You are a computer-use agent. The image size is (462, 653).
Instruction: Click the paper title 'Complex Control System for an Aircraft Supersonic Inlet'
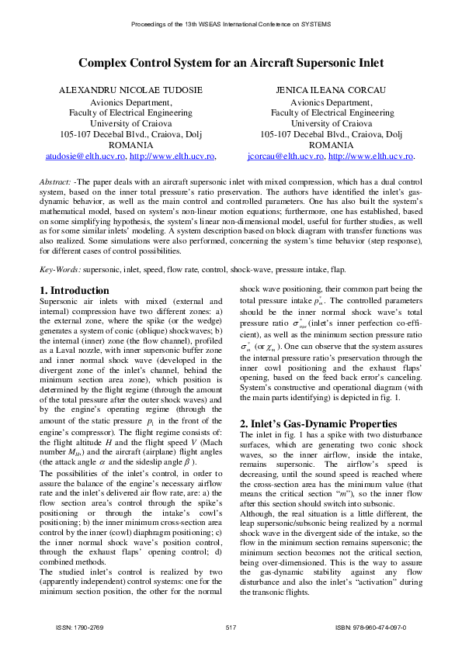coord(231,64)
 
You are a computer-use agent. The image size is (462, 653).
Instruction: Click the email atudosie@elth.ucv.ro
coord(83,156)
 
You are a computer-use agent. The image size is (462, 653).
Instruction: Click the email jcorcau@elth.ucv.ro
coord(286,156)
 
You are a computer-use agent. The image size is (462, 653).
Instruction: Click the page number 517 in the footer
coord(231,627)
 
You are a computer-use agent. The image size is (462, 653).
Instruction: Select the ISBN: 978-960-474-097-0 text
coord(370,627)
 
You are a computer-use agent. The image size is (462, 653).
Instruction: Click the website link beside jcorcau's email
coord(371,156)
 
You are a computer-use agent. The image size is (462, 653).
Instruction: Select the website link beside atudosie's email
coord(172,156)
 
